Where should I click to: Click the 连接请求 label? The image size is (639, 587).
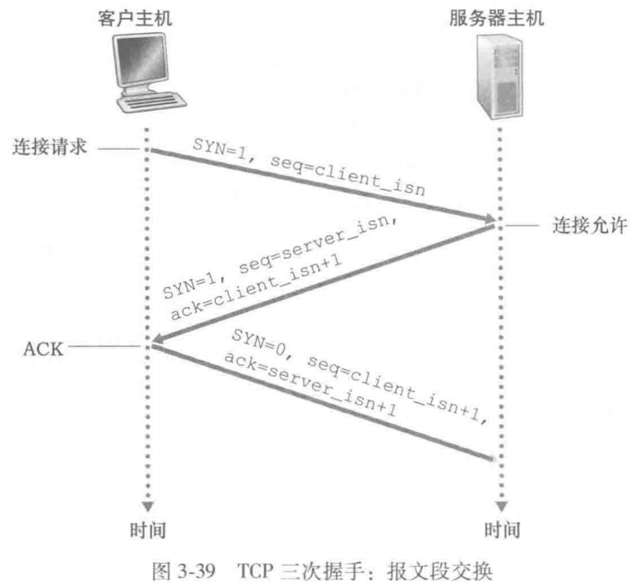point(50,149)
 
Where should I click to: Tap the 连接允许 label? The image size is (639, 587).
point(582,223)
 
